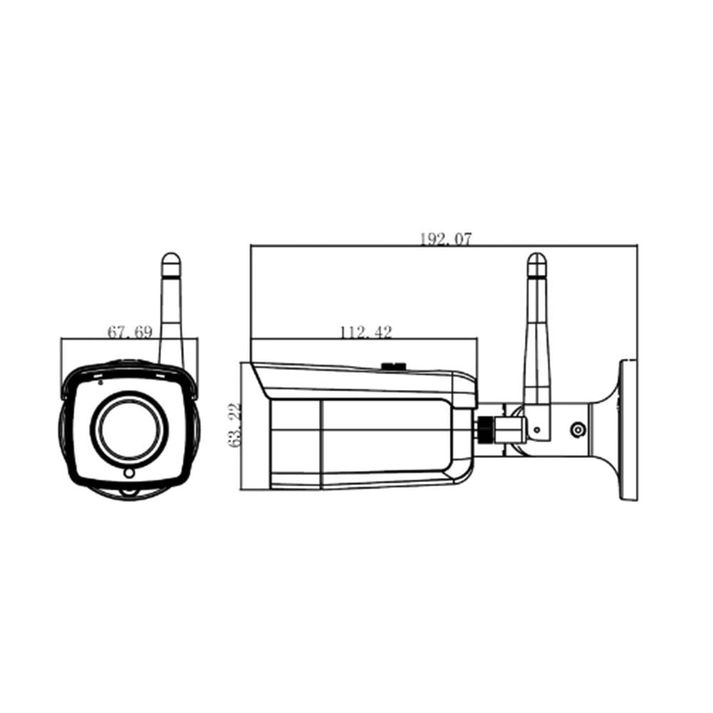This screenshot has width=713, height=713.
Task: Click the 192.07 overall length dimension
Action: click(445, 240)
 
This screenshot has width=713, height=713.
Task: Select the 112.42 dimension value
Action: click(365, 332)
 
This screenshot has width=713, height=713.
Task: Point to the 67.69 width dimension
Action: click(129, 332)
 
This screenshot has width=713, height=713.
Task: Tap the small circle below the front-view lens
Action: click(129, 473)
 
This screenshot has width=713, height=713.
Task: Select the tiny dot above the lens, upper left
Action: click(101, 381)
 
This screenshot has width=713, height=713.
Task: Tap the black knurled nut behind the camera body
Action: click(485, 428)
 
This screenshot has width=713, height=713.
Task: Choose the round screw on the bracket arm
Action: click(578, 430)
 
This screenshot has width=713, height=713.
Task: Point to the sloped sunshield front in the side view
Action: click(260, 381)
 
